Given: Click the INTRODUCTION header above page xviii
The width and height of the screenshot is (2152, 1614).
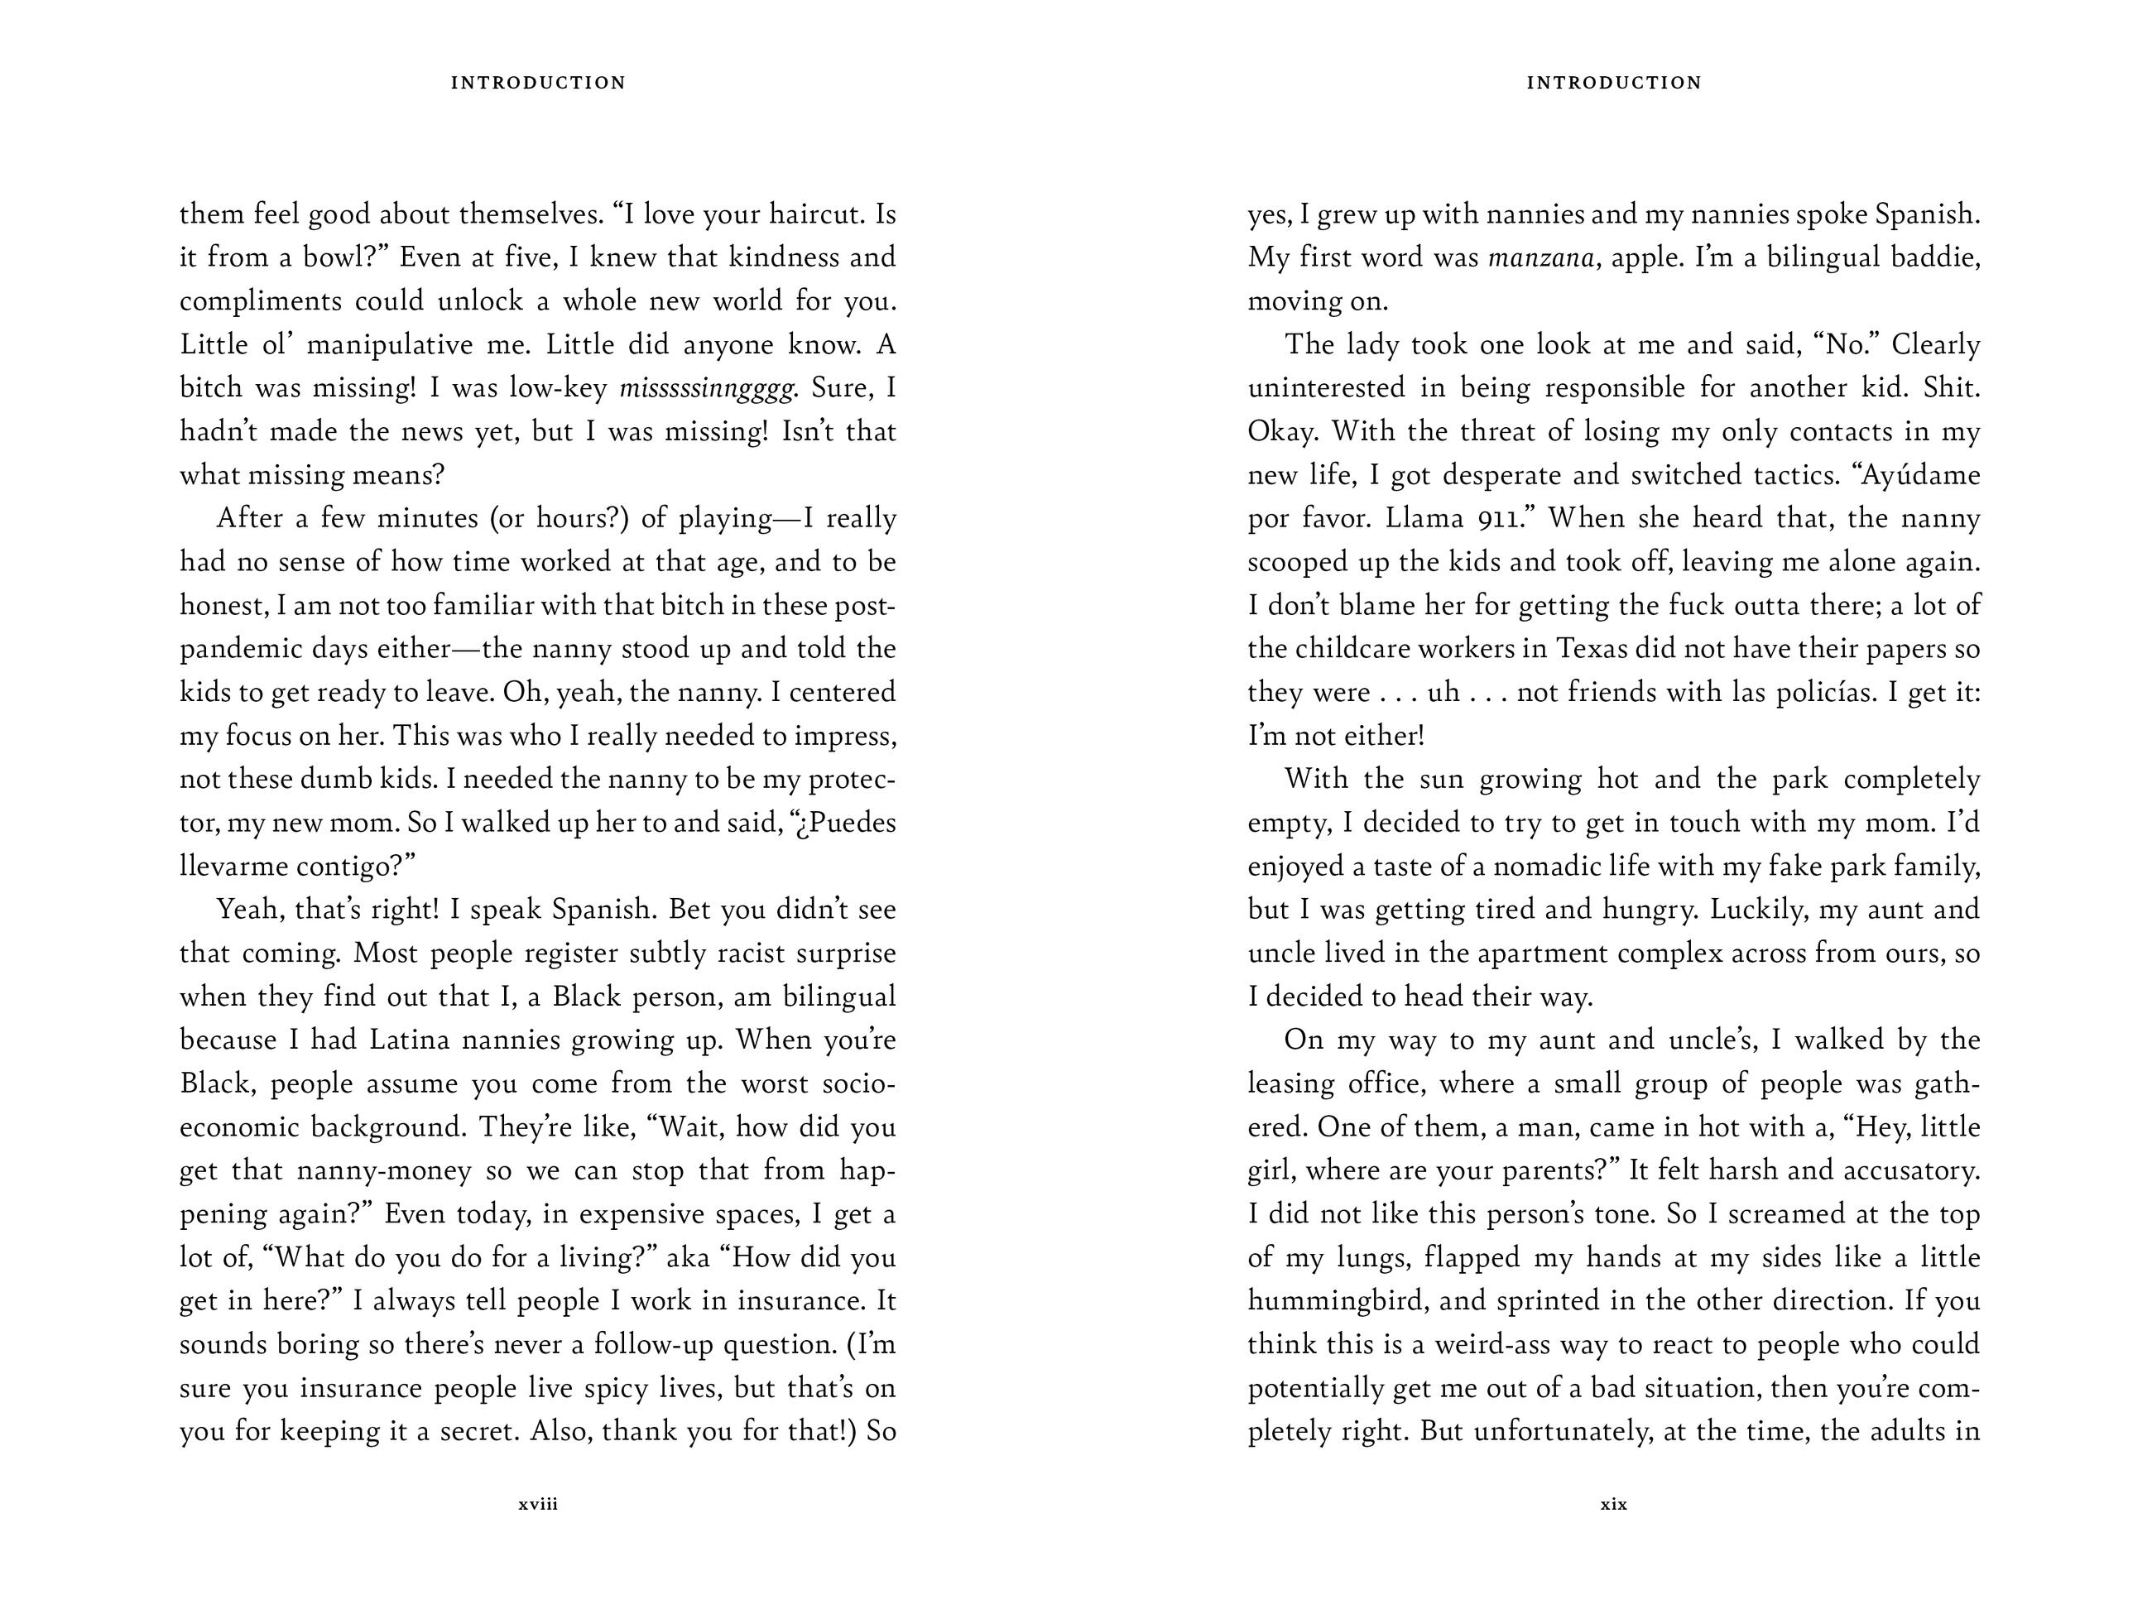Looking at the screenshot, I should click(538, 83).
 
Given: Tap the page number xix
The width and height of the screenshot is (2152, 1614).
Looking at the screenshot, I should click(1613, 1504).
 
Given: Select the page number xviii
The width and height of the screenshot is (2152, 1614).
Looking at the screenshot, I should click(538, 1504).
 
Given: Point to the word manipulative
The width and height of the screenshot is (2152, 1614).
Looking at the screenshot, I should click(389, 344).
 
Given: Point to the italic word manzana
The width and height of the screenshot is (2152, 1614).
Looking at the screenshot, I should click(1541, 257).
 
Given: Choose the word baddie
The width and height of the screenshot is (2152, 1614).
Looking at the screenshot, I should click(1935, 257).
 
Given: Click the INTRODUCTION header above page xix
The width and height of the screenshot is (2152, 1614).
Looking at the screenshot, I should click(1614, 83).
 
